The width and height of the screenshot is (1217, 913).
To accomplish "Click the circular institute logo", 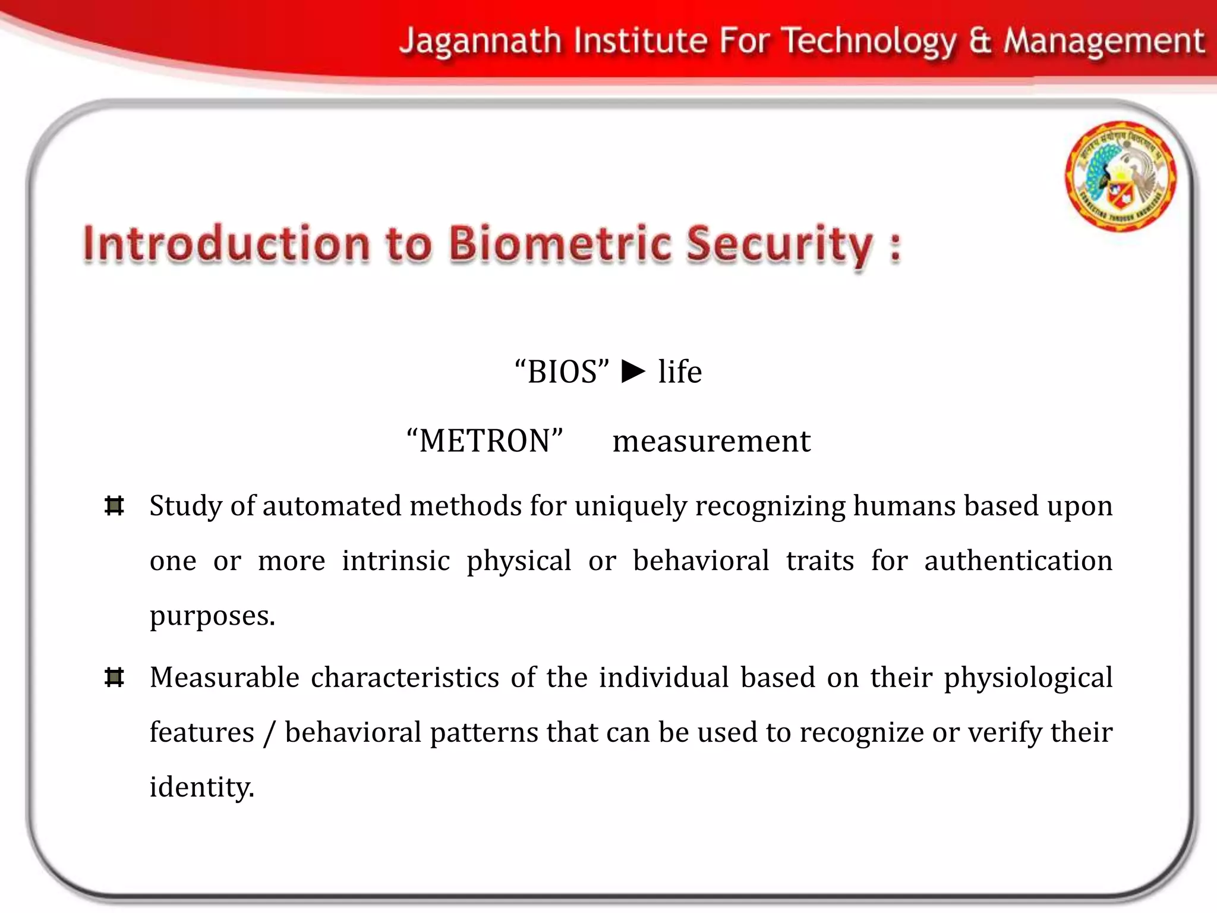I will (x=1120, y=176).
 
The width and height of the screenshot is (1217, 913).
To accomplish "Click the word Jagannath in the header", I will (x=480, y=42).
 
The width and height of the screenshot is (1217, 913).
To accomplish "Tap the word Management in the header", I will (x=1104, y=42).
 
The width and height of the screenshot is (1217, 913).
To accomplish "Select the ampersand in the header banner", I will (x=980, y=42).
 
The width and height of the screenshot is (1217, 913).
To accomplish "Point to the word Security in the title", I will (x=779, y=244).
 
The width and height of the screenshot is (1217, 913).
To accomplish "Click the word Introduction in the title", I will (x=226, y=244).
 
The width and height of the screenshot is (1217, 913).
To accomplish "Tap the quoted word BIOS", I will (x=562, y=372).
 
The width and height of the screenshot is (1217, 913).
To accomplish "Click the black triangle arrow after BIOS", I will (x=633, y=372).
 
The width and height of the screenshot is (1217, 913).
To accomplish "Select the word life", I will (x=680, y=372).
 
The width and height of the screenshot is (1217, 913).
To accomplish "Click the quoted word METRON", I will (x=485, y=441).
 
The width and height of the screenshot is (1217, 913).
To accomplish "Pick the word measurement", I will (x=711, y=441).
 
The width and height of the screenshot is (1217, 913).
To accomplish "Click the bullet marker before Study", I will (x=114, y=506).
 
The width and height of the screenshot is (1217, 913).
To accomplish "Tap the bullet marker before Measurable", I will (x=114, y=677).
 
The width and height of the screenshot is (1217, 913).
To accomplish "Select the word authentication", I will (x=1017, y=561).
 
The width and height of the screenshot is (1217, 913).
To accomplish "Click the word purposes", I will (x=212, y=616).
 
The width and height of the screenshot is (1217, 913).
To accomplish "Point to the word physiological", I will (x=1027, y=678).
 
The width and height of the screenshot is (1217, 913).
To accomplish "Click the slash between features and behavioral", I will (x=269, y=732).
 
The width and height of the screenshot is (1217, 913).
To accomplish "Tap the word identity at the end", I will (x=201, y=788).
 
